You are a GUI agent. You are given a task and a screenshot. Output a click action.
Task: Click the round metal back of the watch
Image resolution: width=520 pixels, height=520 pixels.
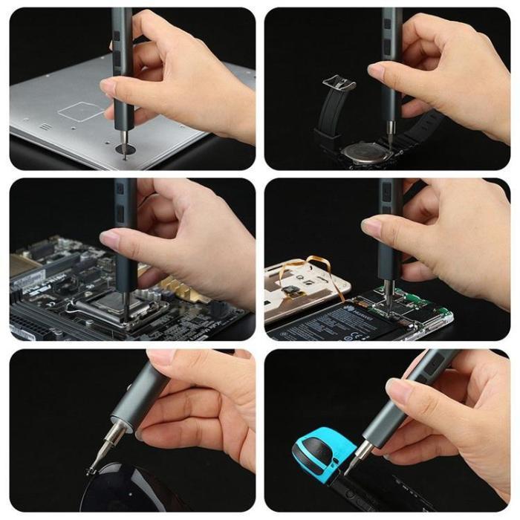363,152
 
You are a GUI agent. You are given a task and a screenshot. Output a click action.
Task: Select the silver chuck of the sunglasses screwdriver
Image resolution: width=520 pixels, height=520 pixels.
116,431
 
